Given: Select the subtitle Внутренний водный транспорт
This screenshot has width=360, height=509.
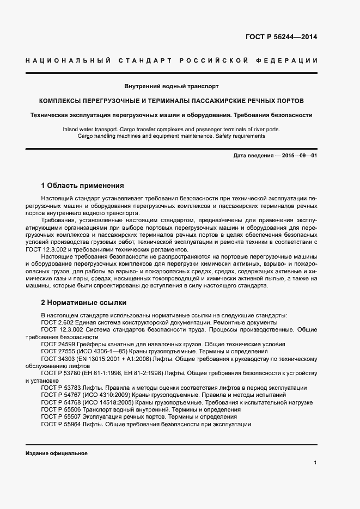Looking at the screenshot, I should [x=172, y=87].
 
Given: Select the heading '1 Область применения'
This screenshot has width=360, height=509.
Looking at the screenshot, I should [x=83, y=185].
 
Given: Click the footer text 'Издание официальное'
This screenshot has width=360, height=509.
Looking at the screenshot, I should [x=57, y=453].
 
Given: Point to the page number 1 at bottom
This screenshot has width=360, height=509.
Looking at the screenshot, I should [x=315, y=463].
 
